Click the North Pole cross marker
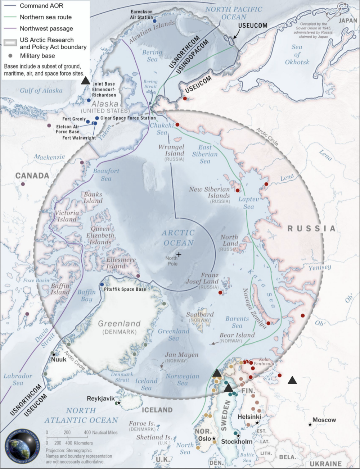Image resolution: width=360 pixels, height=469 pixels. pos(179,254)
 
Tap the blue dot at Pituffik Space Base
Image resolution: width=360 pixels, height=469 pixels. pos(102,284)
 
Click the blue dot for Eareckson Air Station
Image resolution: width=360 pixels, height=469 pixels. pos(154,21)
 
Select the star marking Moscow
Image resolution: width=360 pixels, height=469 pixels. pos(310,425)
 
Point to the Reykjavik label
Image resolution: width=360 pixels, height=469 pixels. pos(100,399)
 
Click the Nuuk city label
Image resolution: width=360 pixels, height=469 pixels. pos(59,359)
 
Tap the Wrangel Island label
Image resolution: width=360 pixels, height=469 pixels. pos(171,150)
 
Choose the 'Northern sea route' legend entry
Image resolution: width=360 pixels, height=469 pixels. pos(45,17)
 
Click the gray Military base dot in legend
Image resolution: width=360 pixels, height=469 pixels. pos(10,56)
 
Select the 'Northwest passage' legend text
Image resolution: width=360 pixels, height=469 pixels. pos(46,28)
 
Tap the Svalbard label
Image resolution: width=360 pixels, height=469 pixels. pos(200,314)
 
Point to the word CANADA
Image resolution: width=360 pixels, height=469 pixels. pos(32,176)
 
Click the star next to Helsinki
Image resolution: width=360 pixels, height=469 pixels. pos(257,423)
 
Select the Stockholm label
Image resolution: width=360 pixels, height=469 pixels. pos(237,441)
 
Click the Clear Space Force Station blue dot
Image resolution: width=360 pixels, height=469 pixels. pos(97,118)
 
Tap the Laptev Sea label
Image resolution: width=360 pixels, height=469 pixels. pos(249,203)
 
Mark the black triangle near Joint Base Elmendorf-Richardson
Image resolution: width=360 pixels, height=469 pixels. pos(85,81)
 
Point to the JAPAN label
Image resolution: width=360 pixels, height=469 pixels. pos(348,21)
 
